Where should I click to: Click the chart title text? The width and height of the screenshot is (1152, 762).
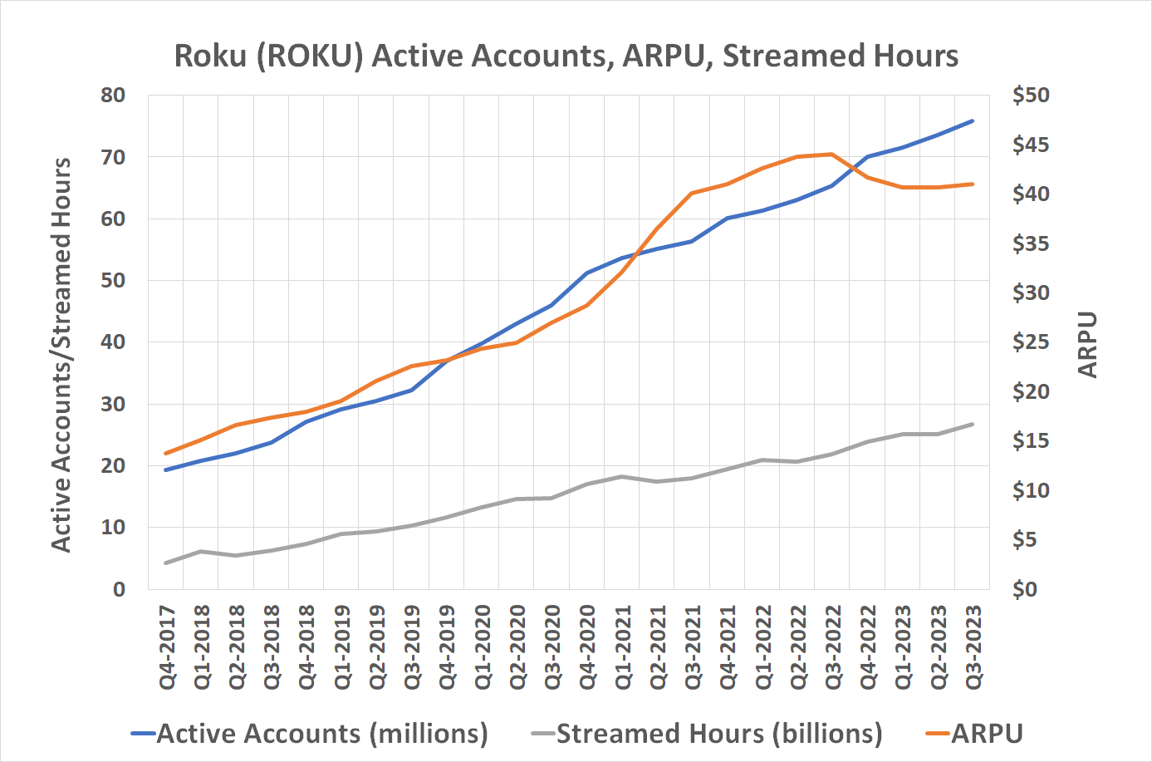(566, 56)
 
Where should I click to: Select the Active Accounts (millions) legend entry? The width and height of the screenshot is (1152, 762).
(321, 734)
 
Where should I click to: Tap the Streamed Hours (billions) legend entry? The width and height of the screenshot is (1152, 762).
(718, 734)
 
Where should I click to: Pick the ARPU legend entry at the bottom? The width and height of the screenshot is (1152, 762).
(987, 734)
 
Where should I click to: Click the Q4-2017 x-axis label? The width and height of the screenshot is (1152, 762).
(168, 647)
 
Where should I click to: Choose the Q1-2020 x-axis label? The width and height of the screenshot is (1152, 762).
(483, 647)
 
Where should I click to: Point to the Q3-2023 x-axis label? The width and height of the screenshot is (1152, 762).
(973, 647)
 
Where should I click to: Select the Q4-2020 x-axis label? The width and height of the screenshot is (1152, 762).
(587, 647)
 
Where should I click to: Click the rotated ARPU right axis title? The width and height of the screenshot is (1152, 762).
(1087, 344)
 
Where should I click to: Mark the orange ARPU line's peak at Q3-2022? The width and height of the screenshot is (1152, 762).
(831, 154)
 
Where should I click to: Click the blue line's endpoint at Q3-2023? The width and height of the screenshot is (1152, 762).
(972, 121)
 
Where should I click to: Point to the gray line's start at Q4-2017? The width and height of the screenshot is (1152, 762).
(166, 563)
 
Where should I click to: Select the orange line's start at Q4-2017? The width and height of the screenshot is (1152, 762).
(166, 453)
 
